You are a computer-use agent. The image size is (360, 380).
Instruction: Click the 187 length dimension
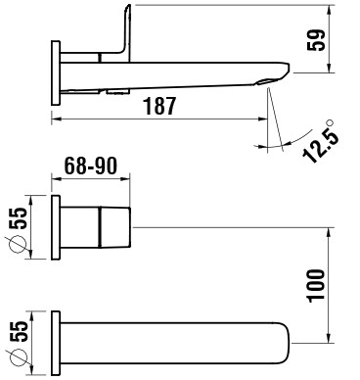pos(159,106)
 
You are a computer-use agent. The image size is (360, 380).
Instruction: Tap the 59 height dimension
pos(316,40)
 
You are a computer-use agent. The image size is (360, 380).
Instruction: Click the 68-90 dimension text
pos(90,166)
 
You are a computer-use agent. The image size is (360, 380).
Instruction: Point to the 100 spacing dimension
pos(316,286)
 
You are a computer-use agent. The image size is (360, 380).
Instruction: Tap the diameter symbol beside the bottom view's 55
pos(17,357)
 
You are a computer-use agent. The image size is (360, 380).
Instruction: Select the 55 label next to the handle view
pos(19,218)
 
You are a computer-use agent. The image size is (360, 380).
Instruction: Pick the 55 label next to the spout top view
pos(19,332)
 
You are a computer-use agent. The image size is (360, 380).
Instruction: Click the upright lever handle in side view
pos(125,31)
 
